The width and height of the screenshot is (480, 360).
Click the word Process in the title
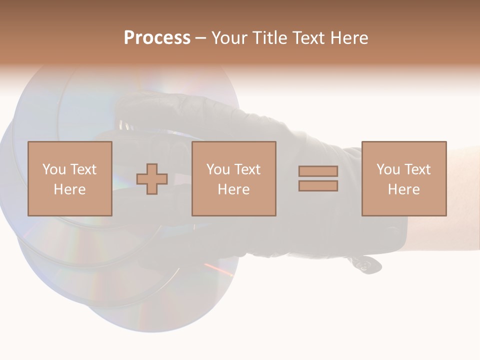pyautogui.click(x=157, y=38)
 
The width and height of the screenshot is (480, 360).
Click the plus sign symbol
pyautogui.click(x=152, y=179)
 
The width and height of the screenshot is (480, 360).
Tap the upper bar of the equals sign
pyautogui.click(x=318, y=171)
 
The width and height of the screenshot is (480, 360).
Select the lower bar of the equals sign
pyautogui.click(x=318, y=186)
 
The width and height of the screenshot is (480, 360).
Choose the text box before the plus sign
pyautogui.click(x=70, y=178)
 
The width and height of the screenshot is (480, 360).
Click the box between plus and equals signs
pyautogui.click(x=234, y=178)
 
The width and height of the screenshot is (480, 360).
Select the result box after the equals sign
pyautogui.click(x=404, y=178)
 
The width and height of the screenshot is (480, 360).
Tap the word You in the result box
pyautogui.click(x=388, y=169)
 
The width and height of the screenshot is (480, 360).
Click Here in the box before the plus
pyautogui.click(x=70, y=189)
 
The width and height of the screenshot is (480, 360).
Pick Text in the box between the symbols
pyautogui.click(x=247, y=169)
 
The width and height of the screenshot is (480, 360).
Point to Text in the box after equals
pyautogui.click(x=417, y=169)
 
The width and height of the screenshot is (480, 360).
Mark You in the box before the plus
pyautogui.click(x=54, y=169)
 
